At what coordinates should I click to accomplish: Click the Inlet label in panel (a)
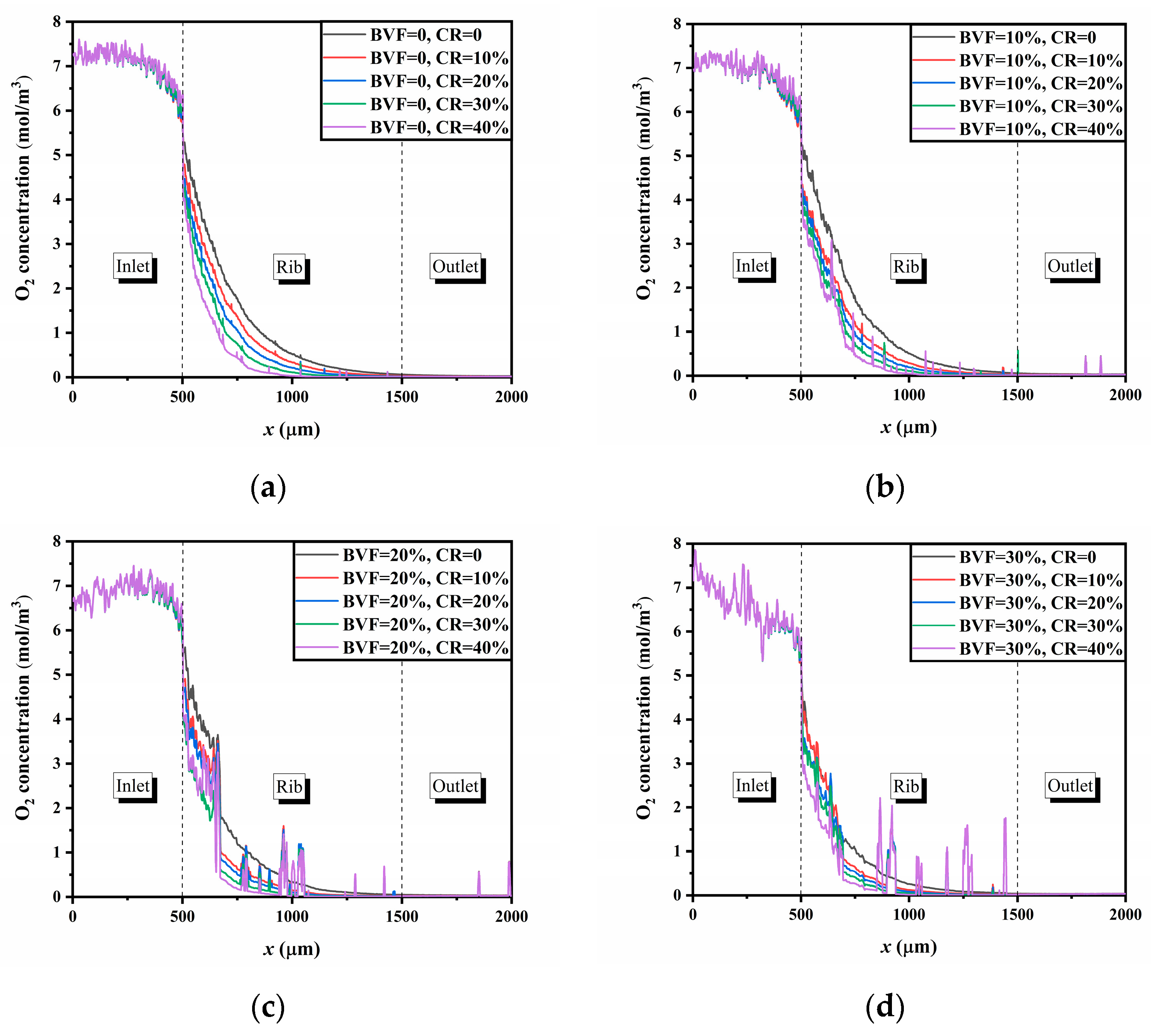pos(133,266)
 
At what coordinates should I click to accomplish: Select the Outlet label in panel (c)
pos(455,786)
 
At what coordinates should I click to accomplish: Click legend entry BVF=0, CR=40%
pos(440,127)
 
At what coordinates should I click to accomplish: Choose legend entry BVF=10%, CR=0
pos(1027,37)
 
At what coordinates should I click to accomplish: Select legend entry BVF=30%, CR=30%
pos(1041,626)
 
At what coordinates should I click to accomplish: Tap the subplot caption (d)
pos(885,1007)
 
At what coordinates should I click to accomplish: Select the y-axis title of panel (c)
pos(23,708)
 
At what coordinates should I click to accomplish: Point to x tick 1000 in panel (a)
pos(292,396)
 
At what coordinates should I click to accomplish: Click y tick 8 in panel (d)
pos(677,543)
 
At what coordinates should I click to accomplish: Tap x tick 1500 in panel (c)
pos(402,916)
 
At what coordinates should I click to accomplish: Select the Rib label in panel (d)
pos(906,786)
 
